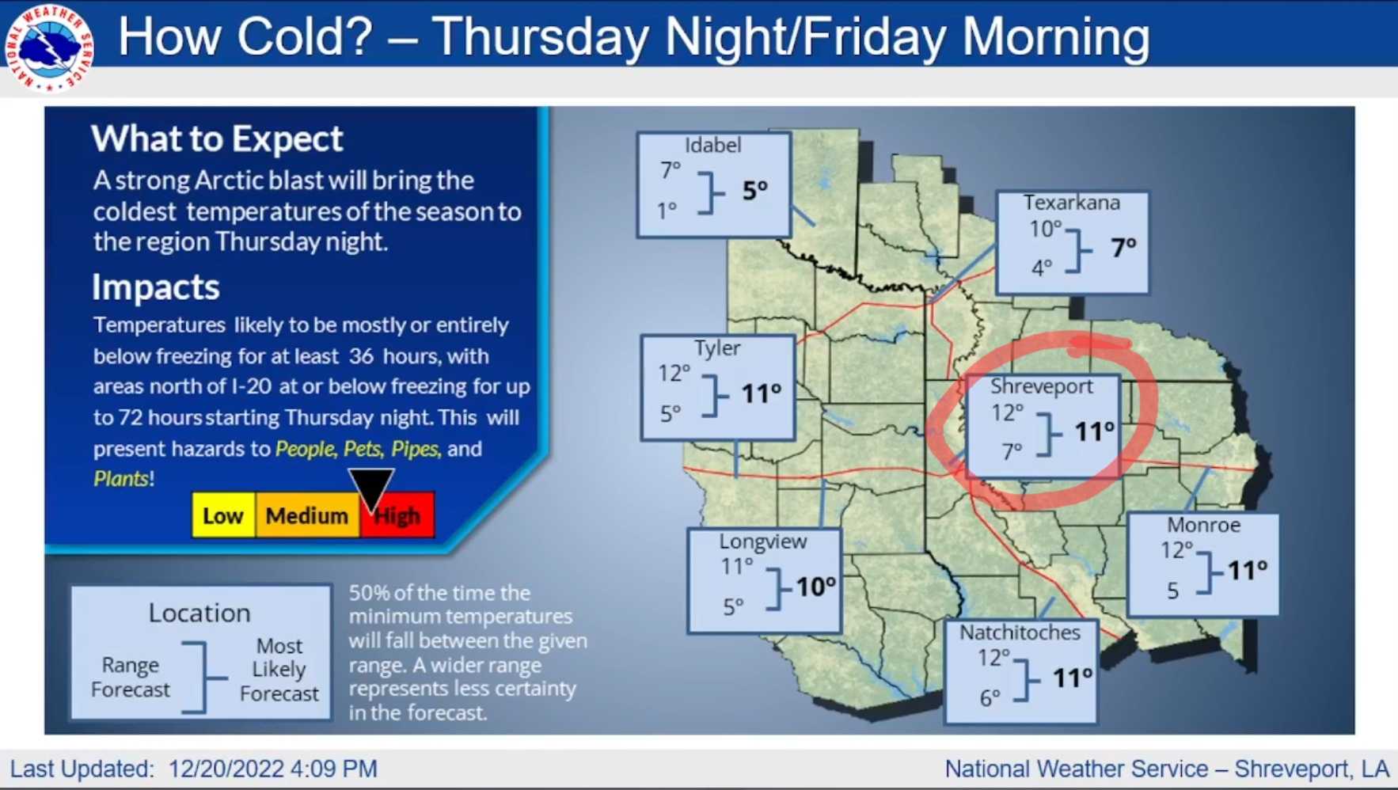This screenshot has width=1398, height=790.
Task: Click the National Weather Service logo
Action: point(49,48)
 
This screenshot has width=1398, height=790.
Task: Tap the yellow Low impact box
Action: point(223,515)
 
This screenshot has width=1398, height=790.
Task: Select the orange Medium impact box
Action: point(307,515)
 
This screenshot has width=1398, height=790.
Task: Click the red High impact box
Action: point(397,515)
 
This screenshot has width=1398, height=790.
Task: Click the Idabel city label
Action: point(713,145)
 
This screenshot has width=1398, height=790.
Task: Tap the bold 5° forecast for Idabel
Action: point(754,190)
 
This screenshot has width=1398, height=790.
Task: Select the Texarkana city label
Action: point(1072,203)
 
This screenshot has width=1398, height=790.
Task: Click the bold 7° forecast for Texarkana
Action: point(1123,248)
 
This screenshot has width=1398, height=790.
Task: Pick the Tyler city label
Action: point(717,348)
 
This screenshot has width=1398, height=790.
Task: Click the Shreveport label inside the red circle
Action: point(1042,386)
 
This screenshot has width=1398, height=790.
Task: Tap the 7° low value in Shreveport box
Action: point(1012,451)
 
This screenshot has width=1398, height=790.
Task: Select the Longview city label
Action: point(763,541)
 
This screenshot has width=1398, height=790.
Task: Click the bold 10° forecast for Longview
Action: point(815,587)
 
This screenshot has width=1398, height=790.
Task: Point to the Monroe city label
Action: point(1203,525)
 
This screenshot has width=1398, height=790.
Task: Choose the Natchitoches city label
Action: point(1020,632)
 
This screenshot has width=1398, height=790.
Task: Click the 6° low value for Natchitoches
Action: point(990,698)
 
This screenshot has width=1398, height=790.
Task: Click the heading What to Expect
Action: point(217,139)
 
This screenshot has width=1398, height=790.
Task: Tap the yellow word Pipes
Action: point(415,449)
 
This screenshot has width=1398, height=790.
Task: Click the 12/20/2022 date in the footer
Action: point(226,769)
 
